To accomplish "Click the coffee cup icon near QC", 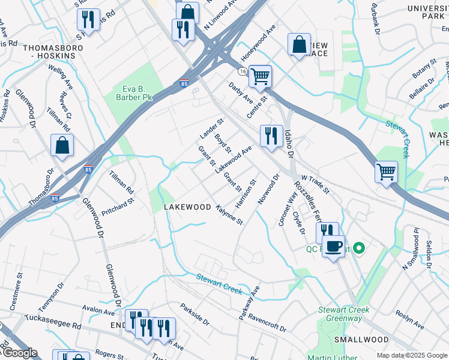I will [333, 245].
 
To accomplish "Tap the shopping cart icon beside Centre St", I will [260, 76].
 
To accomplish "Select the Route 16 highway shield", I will [242, 71].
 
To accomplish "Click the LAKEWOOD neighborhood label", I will [187, 207].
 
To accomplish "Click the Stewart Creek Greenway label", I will [343, 314].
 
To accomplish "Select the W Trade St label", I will [315, 185].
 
